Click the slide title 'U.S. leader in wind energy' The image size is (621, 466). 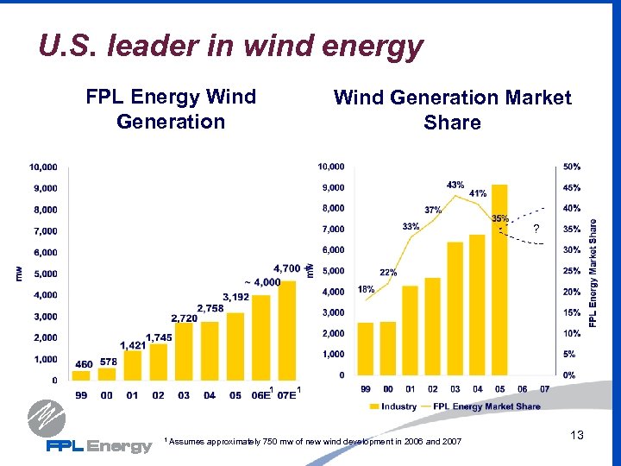pos(231,46)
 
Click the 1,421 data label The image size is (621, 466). pos(133,345)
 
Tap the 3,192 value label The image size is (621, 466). pos(235,297)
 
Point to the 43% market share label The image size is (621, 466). pos(455,185)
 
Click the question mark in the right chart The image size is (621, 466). pos(536,229)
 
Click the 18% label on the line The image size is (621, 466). pos(365,288)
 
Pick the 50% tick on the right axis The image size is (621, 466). pos(571,166)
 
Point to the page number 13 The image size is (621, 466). pos(577,436)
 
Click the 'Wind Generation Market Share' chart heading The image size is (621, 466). pos(452,110)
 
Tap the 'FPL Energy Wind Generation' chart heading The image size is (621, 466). pos(171,109)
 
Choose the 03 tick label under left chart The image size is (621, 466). pos(184,395)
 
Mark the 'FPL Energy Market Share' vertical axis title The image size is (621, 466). pos(593,271)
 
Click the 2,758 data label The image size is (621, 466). pos(211,308)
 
